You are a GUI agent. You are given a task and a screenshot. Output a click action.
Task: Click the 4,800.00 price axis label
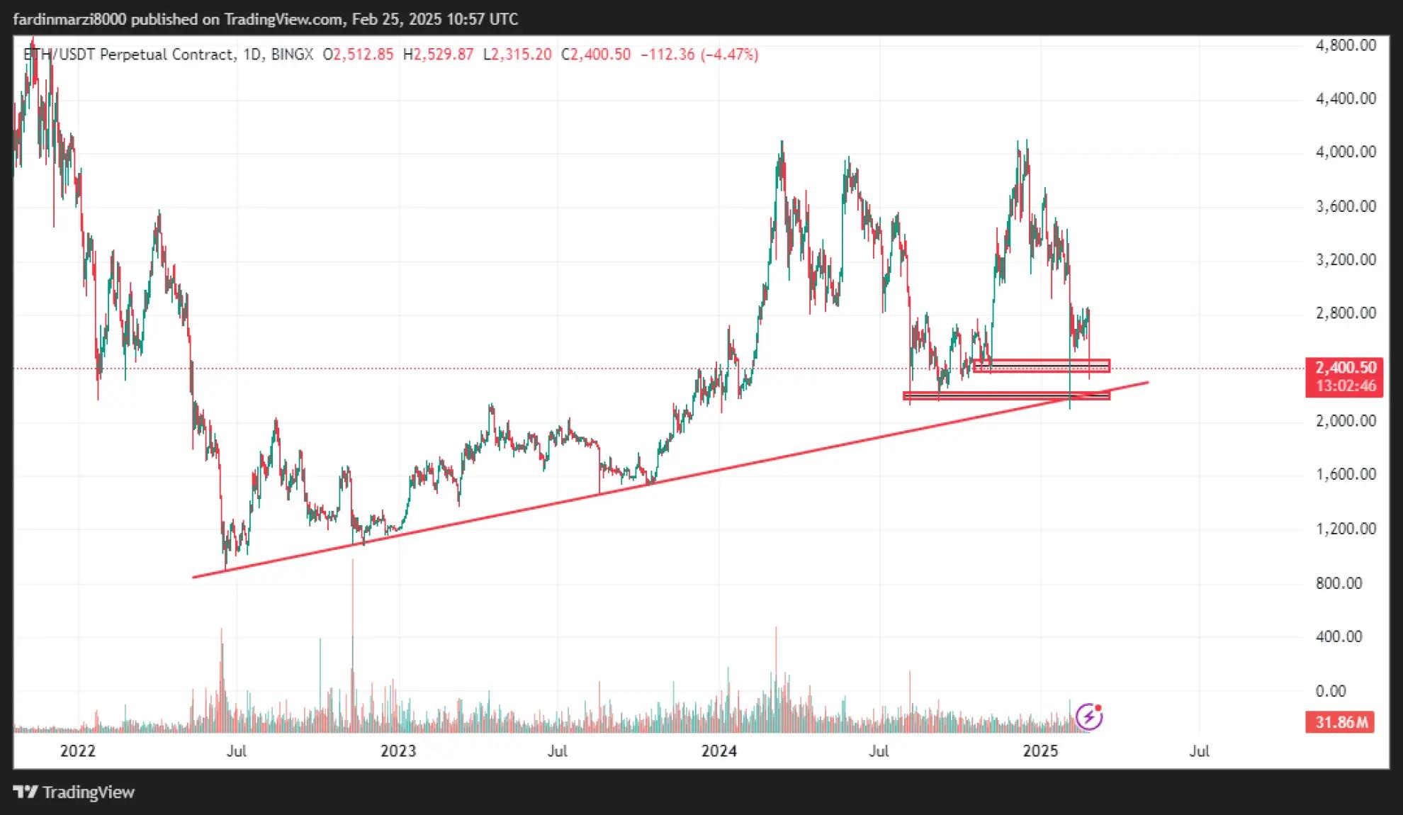pyautogui.click(x=1345, y=45)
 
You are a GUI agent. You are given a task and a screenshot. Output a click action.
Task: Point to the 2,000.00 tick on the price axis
pyautogui.click(x=1345, y=421)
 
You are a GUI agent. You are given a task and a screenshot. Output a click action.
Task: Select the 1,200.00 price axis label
pyautogui.click(x=1345, y=529)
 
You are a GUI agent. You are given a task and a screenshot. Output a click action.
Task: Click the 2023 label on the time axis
pyautogui.click(x=398, y=751)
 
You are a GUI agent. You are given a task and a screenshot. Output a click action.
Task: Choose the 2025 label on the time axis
pyautogui.click(x=1040, y=751)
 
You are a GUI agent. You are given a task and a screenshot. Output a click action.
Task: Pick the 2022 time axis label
pyautogui.click(x=78, y=751)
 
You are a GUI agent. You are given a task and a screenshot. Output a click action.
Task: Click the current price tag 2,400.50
pyautogui.click(x=1345, y=368)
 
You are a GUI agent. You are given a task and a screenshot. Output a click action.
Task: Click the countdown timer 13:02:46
pyautogui.click(x=1345, y=386)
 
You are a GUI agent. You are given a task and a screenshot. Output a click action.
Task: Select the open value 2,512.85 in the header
pyautogui.click(x=363, y=55)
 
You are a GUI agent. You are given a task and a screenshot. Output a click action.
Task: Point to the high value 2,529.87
pyautogui.click(x=444, y=55)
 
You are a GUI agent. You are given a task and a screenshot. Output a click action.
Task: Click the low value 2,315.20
pyautogui.click(x=522, y=55)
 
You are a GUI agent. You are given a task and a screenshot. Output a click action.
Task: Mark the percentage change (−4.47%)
pyautogui.click(x=729, y=55)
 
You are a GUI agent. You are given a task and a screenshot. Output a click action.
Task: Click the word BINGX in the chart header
pyautogui.click(x=292, y=55)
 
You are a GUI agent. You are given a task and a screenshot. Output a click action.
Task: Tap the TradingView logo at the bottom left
pyautogui.click(x=74, y=792)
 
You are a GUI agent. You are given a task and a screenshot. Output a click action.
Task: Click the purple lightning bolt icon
pyautogui.click(x=1089, y=717)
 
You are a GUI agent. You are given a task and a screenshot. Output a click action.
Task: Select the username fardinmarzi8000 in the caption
pyautogui.click(x=69, y=19)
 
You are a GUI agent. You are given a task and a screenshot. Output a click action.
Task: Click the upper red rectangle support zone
pyautogui.click(x=1042, y=366)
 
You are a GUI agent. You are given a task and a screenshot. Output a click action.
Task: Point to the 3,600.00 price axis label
pyautogui.click(x=1345, y=206)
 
